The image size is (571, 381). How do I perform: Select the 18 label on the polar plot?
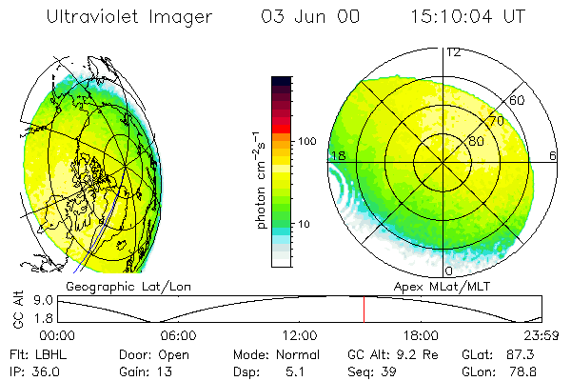click(x=336, y=155)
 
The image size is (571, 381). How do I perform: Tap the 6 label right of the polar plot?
click(x=553, y=155)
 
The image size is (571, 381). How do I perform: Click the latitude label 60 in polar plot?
click(x=518, y=100)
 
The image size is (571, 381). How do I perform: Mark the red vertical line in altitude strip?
click(x=363, y=309)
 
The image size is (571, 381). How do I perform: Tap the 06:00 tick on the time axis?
click(x=178, y=335)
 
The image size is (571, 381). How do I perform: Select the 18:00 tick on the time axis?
click(x=421, y=335)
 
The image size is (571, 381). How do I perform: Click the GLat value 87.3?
click(x=524, y=353)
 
